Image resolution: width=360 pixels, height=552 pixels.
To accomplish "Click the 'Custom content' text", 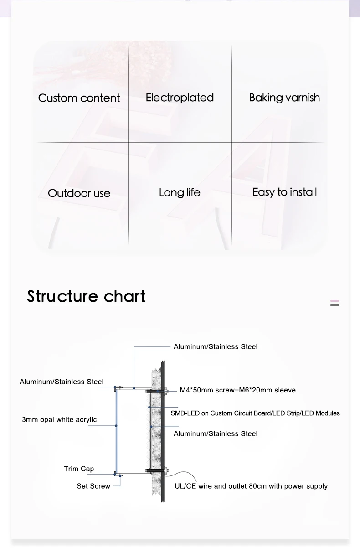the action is pos(79,98).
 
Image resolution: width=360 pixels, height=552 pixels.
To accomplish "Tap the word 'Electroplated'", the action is pos(180,98).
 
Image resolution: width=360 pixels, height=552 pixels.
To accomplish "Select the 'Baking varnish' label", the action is pos(284,98).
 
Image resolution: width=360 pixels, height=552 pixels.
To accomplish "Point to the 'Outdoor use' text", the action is pos(79,193).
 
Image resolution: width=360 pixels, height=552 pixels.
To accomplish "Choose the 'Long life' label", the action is pos(180,192).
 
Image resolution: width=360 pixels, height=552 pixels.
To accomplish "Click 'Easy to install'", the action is pos(284,192).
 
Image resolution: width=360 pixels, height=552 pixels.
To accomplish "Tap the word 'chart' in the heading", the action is pos(124,296).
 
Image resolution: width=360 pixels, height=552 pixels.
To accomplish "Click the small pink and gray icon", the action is pos(334,303).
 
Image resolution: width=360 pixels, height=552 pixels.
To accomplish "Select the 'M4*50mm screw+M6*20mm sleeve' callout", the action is pos(237,390).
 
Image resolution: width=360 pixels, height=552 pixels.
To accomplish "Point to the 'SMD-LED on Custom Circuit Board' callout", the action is pos(255,413).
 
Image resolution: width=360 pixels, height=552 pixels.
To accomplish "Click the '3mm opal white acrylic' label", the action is pos(59,419).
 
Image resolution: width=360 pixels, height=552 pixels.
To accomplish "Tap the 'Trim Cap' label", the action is pos(79,469).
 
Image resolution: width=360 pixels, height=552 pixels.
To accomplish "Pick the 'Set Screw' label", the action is pos(93,486).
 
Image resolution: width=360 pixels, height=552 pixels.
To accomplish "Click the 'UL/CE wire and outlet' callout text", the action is pos(251,486).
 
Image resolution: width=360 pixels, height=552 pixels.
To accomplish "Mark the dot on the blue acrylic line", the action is pos(116,426).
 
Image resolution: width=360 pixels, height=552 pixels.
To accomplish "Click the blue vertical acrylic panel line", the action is pos(116,447).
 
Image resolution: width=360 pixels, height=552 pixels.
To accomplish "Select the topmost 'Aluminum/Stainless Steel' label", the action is pos(215,347).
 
